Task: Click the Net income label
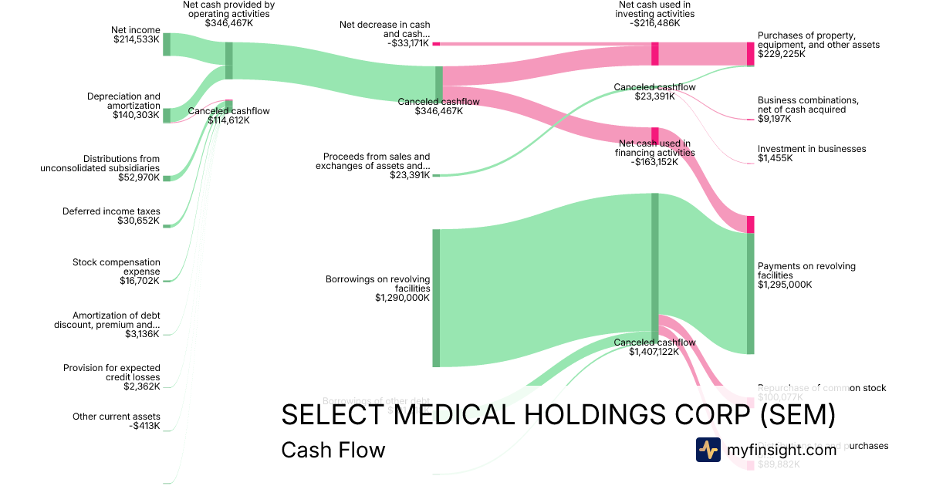[136, 30]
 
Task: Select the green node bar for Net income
[167, 44]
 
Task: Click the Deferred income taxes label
[111, 211]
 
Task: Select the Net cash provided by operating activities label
[228, 9]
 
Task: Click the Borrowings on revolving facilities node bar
[436, 298]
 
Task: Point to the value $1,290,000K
[402, 298]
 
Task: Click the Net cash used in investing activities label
[654, 9]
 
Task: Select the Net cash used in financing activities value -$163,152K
[654, 162]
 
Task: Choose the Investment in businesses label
[812, 149]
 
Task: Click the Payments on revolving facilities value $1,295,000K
[785, 285]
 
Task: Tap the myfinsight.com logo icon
[708, 450]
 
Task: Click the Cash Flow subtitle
[333, 450]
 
